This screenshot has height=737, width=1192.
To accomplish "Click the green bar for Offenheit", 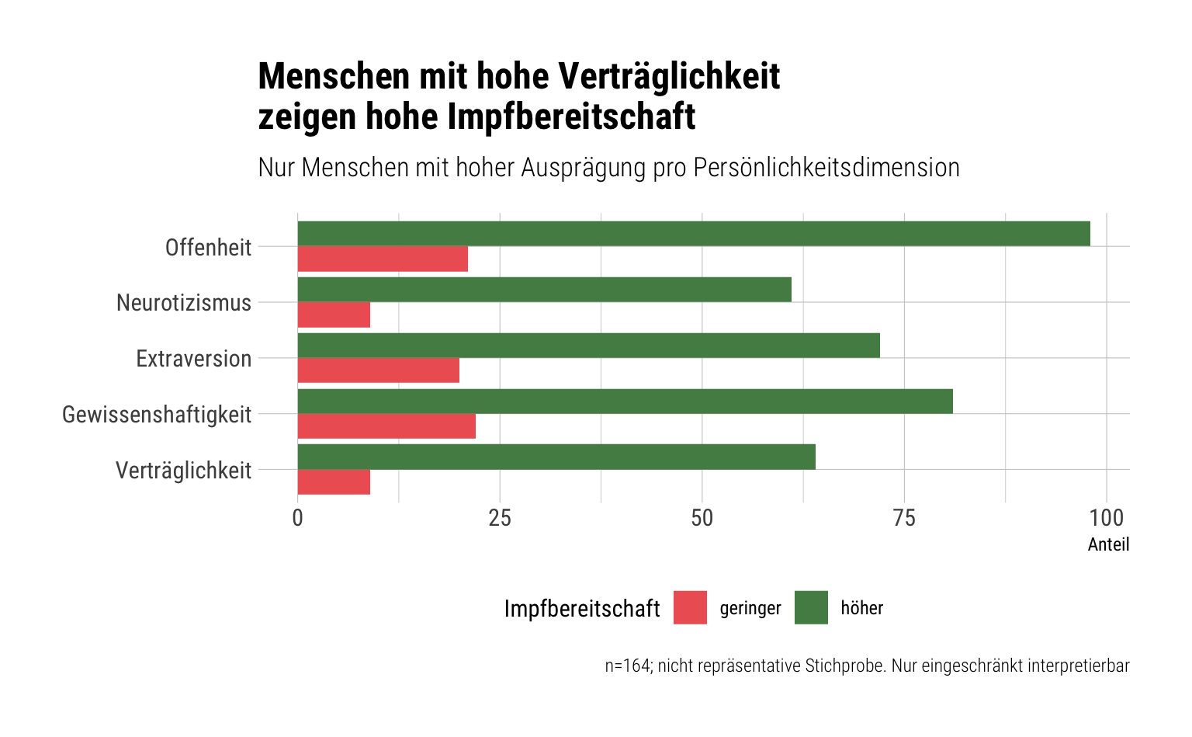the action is (694, 234).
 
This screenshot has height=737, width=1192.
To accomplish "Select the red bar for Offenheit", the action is (383, 259).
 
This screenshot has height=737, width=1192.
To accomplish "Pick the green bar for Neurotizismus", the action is (544, 290).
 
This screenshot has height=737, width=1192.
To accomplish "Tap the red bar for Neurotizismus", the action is (334, 315).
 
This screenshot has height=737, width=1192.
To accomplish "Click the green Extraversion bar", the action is (588, 346).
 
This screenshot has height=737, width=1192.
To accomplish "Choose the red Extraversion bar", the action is (379, 370).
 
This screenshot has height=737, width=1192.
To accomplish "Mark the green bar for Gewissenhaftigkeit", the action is (625, 401).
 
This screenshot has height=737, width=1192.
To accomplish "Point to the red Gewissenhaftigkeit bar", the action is (386, 426).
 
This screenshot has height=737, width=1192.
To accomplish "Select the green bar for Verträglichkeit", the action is (556, 457).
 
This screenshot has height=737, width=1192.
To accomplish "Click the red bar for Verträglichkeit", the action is (334, 482).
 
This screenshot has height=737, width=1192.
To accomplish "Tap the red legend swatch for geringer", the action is (690, 607).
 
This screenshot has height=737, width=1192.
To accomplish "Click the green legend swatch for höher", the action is (811, 607).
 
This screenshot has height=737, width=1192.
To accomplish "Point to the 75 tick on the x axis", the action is (904, 518).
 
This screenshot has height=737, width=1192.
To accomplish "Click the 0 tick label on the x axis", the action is (297, 518).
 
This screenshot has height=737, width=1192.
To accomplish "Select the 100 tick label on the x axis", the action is (1107, 518).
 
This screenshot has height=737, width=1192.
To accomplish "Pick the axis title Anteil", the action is (1108, 544).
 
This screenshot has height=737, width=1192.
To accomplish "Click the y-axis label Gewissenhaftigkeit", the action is (157, 415).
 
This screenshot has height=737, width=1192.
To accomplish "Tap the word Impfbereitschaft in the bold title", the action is (571, 116).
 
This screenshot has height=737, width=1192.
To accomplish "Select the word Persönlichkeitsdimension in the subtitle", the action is (826, 168).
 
